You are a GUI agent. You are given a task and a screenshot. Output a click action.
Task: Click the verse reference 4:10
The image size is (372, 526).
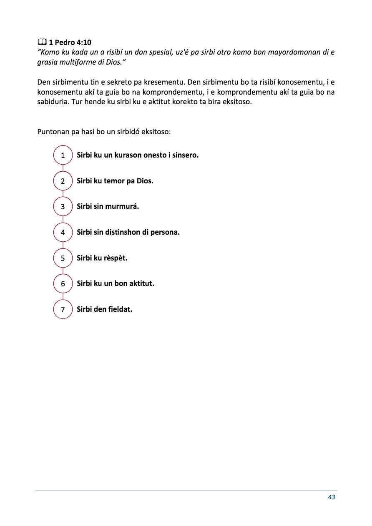pyautogui.click(x=83, y=43)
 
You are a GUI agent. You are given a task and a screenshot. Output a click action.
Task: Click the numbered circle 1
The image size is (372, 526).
pyautogui.click(x=63, y=155)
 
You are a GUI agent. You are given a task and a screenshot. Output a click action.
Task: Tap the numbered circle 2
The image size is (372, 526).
pyautogui.click(x=63, y=181)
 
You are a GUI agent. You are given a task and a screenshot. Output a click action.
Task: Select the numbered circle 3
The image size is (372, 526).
pyautogui.click(x=63, y=207)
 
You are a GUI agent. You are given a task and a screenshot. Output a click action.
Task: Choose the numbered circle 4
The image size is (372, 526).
pyautogui.click(x=63, y=233)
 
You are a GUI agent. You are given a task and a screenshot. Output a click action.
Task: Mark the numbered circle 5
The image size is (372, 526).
pyautogui.click(x=63, y=258)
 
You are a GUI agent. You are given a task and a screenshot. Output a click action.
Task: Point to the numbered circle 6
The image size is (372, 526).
pyautogui.click(x=63, y=284)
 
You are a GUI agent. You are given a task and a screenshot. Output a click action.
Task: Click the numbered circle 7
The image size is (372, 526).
pyautogui.click(x=63, y=310)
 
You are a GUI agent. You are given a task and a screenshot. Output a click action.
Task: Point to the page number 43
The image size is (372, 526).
pyautogui.click(x=332, y=497)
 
